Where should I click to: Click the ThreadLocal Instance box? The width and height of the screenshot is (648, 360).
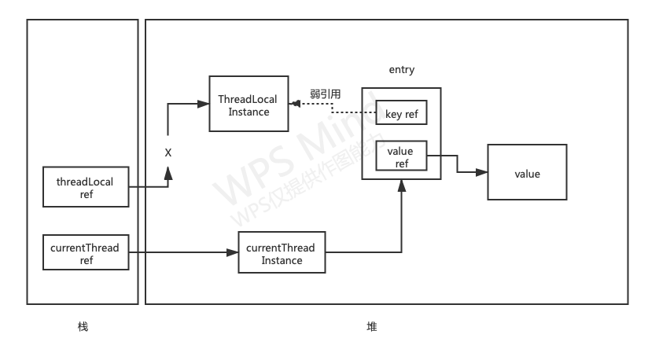point(249,105)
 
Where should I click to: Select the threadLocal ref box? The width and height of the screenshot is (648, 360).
point(86,187)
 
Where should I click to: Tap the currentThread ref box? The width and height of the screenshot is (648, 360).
point(86,253)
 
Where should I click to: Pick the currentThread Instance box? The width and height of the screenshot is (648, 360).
point(281,253)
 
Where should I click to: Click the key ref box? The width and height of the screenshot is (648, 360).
point(401,115)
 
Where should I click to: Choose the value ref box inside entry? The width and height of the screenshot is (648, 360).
point(401,156)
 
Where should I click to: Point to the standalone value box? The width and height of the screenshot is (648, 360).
point(527,173)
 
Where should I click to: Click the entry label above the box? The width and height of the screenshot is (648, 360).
point(402,70)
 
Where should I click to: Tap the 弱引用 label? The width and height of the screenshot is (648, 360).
point(325,94)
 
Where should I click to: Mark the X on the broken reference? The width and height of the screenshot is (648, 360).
point(168,152)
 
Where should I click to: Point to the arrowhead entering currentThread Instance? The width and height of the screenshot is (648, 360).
point(234,253)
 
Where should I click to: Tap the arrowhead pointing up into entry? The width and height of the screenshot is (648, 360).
point(402,185)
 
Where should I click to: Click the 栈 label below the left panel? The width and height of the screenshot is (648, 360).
point(83,327)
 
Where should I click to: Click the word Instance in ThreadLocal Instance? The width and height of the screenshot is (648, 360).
point(249,112)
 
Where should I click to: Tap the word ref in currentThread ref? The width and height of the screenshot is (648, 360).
point(86,260)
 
